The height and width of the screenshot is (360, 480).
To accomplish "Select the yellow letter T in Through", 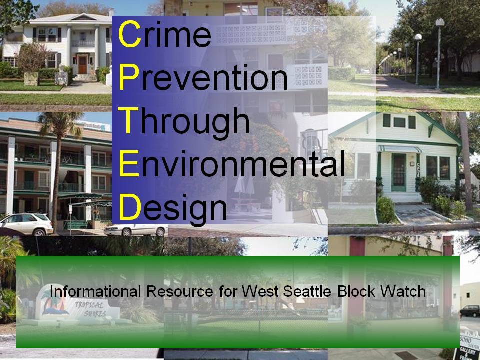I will click(x=128, y=120).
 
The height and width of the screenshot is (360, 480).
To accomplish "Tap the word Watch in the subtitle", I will click(x=405, y=291).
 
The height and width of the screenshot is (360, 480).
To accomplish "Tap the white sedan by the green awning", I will click(x=135, y=229).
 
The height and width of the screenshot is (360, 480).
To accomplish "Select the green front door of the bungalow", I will click(x=399, y=172).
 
